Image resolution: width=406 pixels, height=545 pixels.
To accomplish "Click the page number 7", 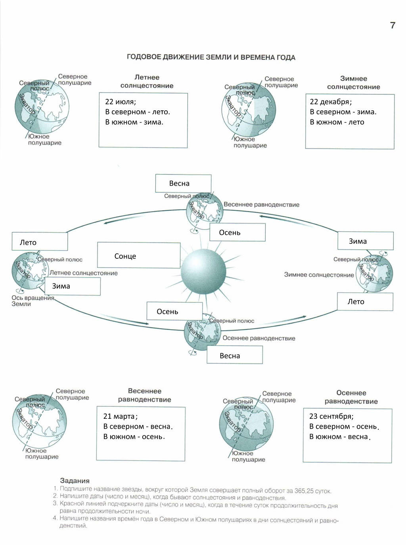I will (x=393, y=25).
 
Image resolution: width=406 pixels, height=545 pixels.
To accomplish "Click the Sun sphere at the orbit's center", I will (x=203, y=272).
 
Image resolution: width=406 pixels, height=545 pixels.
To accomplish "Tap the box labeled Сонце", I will (x=138, y=256).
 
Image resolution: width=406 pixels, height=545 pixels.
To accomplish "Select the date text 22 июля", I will (x=121, y=102).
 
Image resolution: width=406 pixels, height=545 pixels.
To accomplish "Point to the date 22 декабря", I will (x=331, y=102).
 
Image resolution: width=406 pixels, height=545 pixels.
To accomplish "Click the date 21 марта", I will (x=120, y=416).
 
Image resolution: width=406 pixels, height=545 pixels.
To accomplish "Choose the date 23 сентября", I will (x=331, y=416).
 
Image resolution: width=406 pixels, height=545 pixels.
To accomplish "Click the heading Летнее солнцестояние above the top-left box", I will (x=147, y=81).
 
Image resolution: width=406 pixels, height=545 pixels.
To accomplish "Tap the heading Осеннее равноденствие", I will (x=351, y=397).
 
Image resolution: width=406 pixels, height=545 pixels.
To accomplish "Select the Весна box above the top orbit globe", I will (x=183, y=183).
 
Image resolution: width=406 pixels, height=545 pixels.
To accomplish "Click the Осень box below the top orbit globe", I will (x=237, y=233).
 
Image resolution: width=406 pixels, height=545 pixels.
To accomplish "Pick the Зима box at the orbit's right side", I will (x=365, y=241).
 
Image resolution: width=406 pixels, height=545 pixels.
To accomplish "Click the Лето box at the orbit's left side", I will (x=40, y=242).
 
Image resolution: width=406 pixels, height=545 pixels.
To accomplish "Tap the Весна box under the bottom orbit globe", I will (x=234, y=355).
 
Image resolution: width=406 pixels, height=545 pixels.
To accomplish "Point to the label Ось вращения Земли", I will (x=33, y=300).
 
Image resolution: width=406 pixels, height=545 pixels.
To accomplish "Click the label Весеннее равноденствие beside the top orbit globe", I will (x=261, y=205).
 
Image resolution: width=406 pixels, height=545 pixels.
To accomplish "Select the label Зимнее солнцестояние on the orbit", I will (x=319, y=275).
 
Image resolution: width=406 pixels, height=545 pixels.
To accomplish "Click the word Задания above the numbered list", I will (x=75, y=481).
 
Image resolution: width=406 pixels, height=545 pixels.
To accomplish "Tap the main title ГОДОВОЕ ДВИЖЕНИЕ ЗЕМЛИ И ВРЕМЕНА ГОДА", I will (x=211, y=57).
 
